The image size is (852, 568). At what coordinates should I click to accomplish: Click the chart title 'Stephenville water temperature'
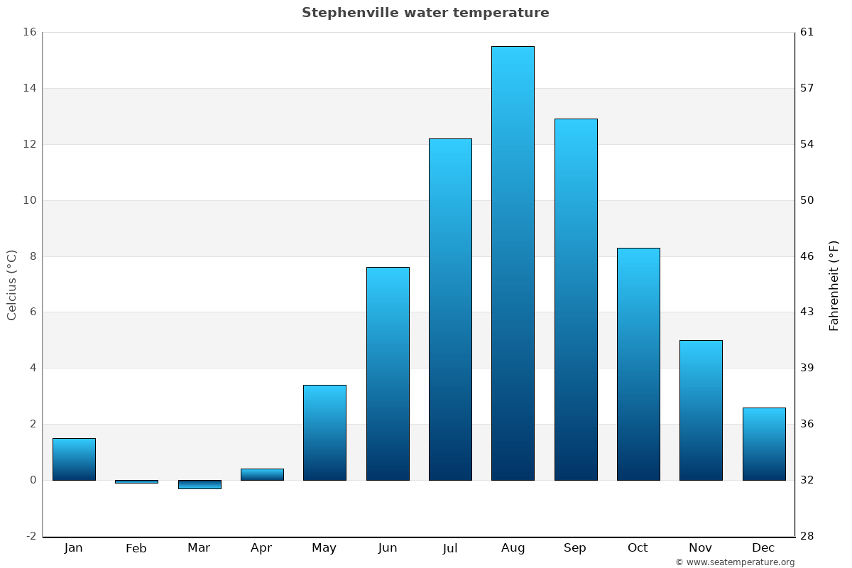(x=425, y=13)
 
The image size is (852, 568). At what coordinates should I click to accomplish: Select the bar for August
(x=513, y=263)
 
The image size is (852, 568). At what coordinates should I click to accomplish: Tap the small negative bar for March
(x=200, y=484)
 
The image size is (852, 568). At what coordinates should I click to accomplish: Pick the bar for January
(x=74, y=459)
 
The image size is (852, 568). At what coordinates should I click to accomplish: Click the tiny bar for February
(x=136, y=481)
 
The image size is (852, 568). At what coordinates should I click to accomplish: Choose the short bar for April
(x=262, y=474)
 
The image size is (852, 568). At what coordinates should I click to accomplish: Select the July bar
(x=450, y=309)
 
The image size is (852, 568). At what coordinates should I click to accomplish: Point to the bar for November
(x=701, y=410)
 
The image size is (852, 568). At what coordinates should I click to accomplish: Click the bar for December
(x=764, y=444)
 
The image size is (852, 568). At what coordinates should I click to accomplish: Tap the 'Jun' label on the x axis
(x=388, y=548)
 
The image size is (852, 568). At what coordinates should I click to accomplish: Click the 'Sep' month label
(x=575, y=548)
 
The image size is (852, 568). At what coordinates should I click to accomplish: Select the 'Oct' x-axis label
(x=638, y=548)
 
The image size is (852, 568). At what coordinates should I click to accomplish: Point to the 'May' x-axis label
(x=324, y=548)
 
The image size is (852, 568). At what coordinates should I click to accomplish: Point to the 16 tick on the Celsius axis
(x=30, y=32)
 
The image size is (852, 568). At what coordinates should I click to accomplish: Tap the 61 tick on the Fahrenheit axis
(x=807, y=32)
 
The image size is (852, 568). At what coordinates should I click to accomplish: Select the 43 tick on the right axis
(x=807, y=312)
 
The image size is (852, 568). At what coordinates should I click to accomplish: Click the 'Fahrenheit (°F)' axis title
(x=834, y=285)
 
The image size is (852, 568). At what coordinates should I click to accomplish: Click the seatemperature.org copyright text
(x=735, y=562)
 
